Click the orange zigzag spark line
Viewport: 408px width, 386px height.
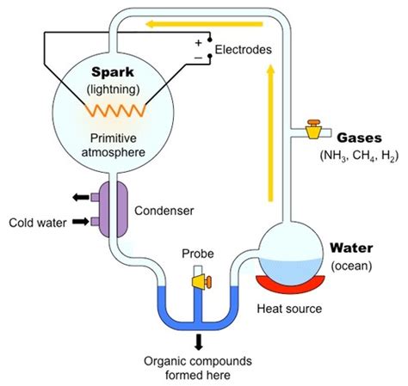[115, 111]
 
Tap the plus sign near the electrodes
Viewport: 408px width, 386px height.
[198, 43]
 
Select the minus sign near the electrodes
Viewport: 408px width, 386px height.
[198, 58]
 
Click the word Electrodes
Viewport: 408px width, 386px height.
[243, 50]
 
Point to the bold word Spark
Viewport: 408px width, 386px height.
[113, 72]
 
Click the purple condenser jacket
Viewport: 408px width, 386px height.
[114, 210]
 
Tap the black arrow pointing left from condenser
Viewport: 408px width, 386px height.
[81, 197]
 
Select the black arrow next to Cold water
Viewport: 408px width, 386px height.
[81, 221]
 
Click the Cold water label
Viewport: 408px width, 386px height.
[38, 223]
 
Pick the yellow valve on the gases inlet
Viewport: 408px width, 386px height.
[313, 130]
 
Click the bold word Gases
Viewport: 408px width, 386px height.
[359, 138]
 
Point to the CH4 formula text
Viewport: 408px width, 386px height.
[364, 156]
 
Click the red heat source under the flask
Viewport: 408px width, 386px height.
[291, 284]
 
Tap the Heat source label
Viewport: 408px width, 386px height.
[289, 309]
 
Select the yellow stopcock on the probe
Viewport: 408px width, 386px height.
[201, 281]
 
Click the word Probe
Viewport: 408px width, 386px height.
[198, 254]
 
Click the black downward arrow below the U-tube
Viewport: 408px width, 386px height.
[198, 342]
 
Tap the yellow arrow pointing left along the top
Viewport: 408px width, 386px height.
[204, 24]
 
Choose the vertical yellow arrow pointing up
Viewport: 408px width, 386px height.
[270, 133]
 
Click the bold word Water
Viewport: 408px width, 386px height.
[351, 248]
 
